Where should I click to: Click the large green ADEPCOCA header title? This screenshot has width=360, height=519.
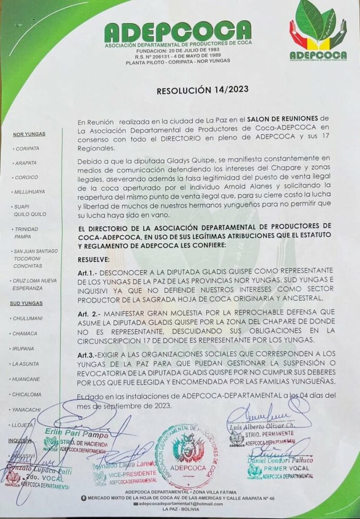178,32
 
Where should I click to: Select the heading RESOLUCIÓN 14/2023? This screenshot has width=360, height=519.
195,90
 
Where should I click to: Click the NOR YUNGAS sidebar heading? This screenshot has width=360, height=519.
29,134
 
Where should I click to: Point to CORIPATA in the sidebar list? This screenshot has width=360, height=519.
28,148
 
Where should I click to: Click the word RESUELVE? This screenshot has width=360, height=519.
94,258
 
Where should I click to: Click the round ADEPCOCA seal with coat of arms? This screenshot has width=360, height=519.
185,456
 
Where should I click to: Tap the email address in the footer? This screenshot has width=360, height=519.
179,503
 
